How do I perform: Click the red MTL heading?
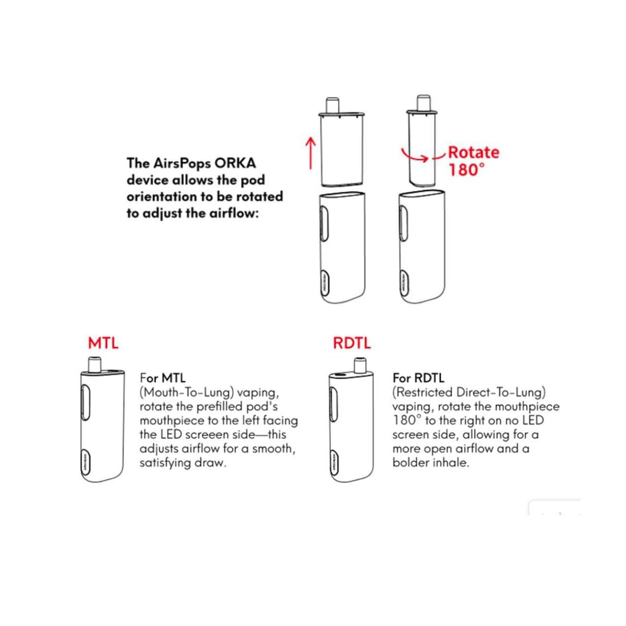pyautogui.click(x=103, y=343)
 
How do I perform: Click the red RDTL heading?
pyautogui.click(x=352, y=343)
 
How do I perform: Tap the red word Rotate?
pyautogui.click(x=474, y=152)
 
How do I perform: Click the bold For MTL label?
pyautogui.click(x=162, y=378)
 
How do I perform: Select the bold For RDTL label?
pyautogui.click(x=418, y=378)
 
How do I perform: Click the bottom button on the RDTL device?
pyautogui.click(x=333, y=461)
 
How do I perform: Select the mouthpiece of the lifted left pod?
pyautogui.click(x=332, y=103)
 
